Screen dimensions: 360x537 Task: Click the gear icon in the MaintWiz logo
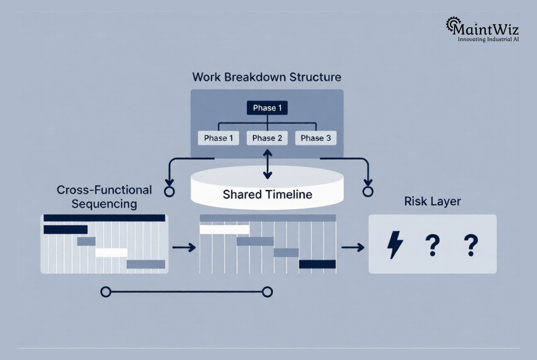click(x=453, y=24)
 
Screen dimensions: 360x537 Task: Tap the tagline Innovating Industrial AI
click(x=488, y=40)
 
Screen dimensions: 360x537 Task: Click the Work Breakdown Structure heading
click(x=266, y=77)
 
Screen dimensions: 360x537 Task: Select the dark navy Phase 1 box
click(x=267, y=108)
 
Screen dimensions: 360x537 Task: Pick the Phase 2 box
click(x=267, y=138)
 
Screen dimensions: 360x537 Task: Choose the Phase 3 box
click(x=316, y=138)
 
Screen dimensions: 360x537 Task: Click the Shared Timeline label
click(x=267, y=194)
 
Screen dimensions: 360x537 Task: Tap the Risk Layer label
click(x=432, y=201)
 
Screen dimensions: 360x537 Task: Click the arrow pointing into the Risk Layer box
click(x=353, y=247)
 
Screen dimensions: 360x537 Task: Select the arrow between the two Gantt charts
click(x=183, y=247)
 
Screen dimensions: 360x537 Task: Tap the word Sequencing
click(x=104, y=204)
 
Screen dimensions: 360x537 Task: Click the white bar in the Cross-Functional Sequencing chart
click(x=112, y=252)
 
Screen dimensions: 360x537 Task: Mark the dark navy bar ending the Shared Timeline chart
click(x=317, y=264)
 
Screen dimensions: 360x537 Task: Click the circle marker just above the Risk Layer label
click(x=368, y=192)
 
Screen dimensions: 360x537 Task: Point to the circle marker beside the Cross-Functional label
click(x=169, y=192)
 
